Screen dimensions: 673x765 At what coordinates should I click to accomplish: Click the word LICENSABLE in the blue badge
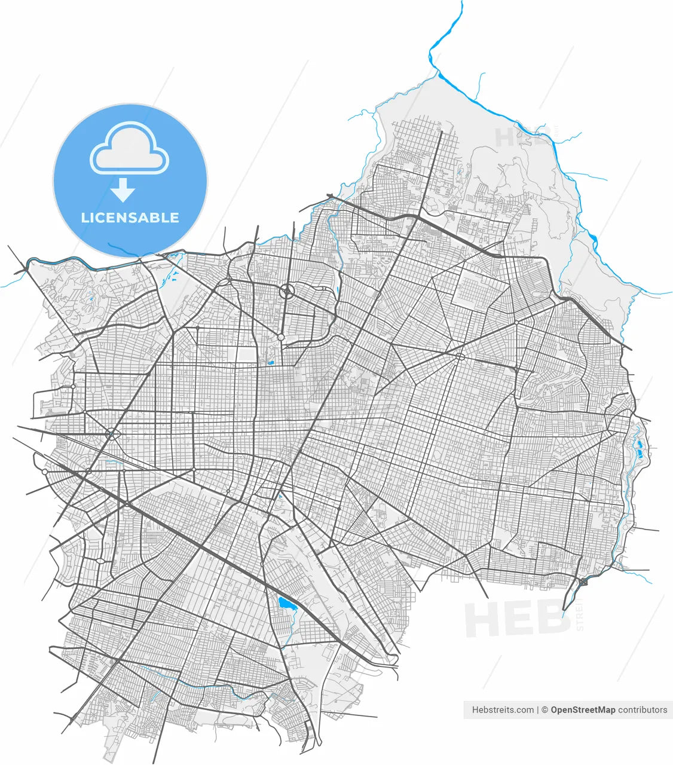pos(130,218)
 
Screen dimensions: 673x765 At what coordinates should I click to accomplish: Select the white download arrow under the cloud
pos(124,189)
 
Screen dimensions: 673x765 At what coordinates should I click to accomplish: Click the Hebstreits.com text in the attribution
pos(503,710)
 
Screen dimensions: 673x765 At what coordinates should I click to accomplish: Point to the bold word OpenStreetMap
pos(583,710)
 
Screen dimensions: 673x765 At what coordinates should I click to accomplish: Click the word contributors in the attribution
pos(643,710)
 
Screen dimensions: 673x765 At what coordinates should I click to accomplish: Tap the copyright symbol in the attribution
pos(544,710)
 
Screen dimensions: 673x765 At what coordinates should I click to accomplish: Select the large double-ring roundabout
pos(287,292)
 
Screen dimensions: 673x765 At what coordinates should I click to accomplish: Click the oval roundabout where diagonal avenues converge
pos(460,357)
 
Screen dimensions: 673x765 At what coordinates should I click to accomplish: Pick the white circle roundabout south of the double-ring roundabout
pos(280,338)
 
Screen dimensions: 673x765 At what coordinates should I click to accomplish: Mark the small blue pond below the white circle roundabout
pos(270,362)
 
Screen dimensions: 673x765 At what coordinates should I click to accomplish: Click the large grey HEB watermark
pos(517,619)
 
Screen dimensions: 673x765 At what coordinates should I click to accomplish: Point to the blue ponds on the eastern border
pos(638,447)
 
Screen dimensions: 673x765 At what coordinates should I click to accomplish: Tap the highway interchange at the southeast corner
pos(583,582)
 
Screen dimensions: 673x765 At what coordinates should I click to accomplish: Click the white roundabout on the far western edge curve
pos(45,472)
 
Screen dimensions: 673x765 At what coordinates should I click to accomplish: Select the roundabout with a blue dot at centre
pos(112,433)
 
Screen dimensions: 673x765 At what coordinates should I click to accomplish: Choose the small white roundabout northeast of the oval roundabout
pos(516,323)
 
